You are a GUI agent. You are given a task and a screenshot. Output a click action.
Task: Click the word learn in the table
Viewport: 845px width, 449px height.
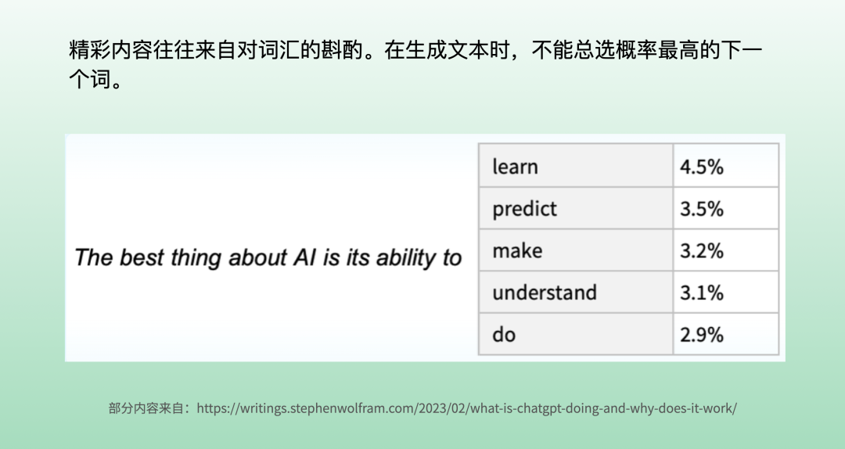(x=515, y=167)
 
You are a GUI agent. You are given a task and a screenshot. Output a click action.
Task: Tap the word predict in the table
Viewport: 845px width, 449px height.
(x=524, y=209)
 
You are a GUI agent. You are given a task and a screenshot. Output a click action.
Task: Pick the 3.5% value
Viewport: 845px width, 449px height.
(x=701, y=209)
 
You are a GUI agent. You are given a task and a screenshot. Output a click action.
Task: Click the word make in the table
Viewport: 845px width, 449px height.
(x=517, y=250)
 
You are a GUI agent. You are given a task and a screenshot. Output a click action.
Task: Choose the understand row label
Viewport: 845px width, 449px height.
(x=545, y=293)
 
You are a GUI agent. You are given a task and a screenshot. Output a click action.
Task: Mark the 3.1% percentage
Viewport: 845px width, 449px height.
(x=701, y=293)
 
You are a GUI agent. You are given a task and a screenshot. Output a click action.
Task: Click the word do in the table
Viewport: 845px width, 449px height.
(x=504, y=335)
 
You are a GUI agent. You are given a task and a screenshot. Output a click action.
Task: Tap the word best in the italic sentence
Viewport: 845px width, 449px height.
(x=141, y=257)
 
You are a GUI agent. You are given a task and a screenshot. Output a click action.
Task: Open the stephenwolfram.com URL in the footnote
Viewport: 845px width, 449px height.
(x=466, y=408)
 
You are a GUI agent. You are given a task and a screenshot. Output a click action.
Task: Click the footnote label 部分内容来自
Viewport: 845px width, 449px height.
(x=146, y=408)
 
